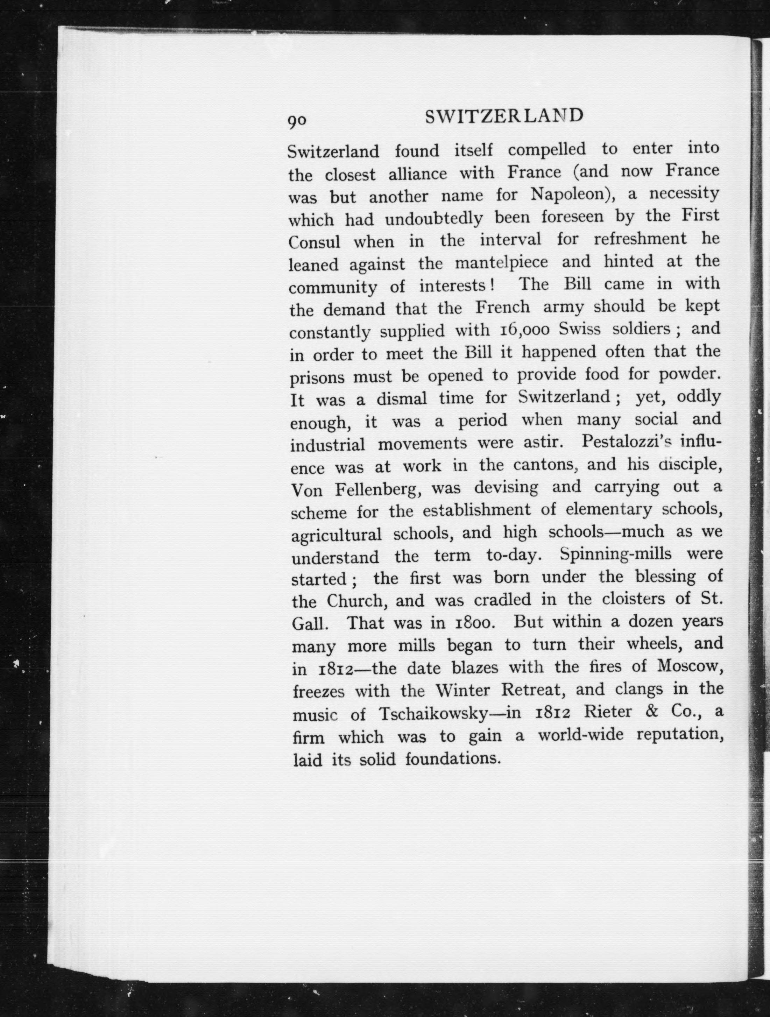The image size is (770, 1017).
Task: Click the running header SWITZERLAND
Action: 504,117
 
